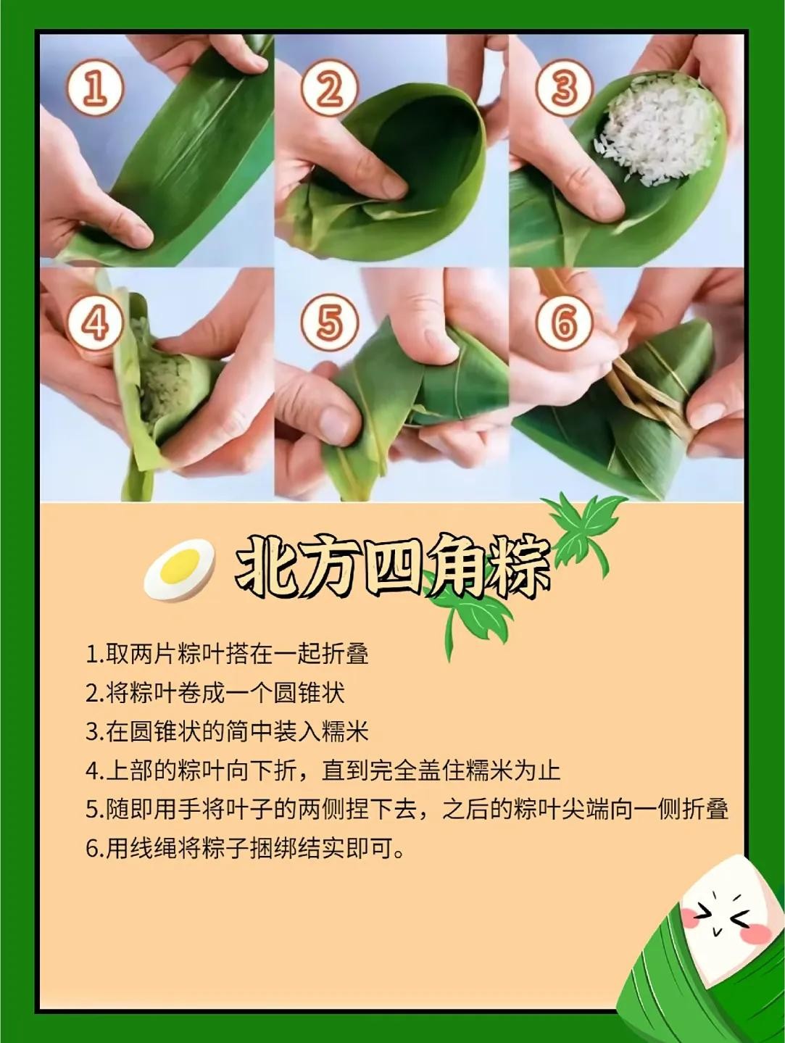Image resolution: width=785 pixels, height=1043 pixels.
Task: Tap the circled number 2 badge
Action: pos(329,88)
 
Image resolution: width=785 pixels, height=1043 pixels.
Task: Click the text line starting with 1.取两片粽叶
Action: pos(227,655)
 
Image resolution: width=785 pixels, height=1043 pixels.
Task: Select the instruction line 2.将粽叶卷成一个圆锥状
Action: pos(215,693)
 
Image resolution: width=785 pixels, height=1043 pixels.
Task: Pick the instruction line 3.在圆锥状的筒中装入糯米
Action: pos(227,732)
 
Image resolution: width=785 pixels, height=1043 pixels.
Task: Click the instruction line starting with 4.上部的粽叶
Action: pos(323,770)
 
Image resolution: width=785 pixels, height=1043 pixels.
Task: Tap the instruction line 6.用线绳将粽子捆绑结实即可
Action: pos(245,849)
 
